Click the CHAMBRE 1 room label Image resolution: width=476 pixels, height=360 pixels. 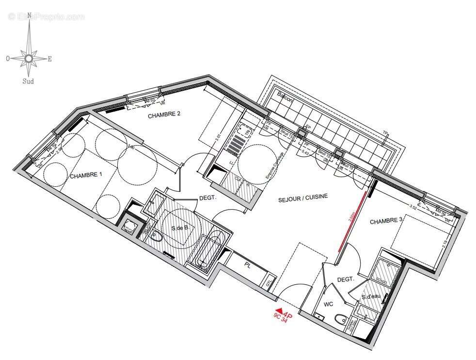tap(86, 176)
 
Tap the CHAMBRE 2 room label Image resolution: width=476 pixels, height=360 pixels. tap(164, 115)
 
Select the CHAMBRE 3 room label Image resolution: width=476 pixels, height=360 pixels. tap(386, 221)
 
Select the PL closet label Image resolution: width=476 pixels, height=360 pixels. tap(247, 266)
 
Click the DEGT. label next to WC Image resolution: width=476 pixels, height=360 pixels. tap(346, 280)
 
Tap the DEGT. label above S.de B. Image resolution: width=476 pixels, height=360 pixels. tap(207, 198)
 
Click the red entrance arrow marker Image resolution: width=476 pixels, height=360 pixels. tap(278, 311)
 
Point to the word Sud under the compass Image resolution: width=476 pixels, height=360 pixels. tap(28, 82)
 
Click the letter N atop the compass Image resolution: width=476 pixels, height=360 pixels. tap(29, 15)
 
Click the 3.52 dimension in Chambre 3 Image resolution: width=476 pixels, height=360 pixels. tap(413, 207)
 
